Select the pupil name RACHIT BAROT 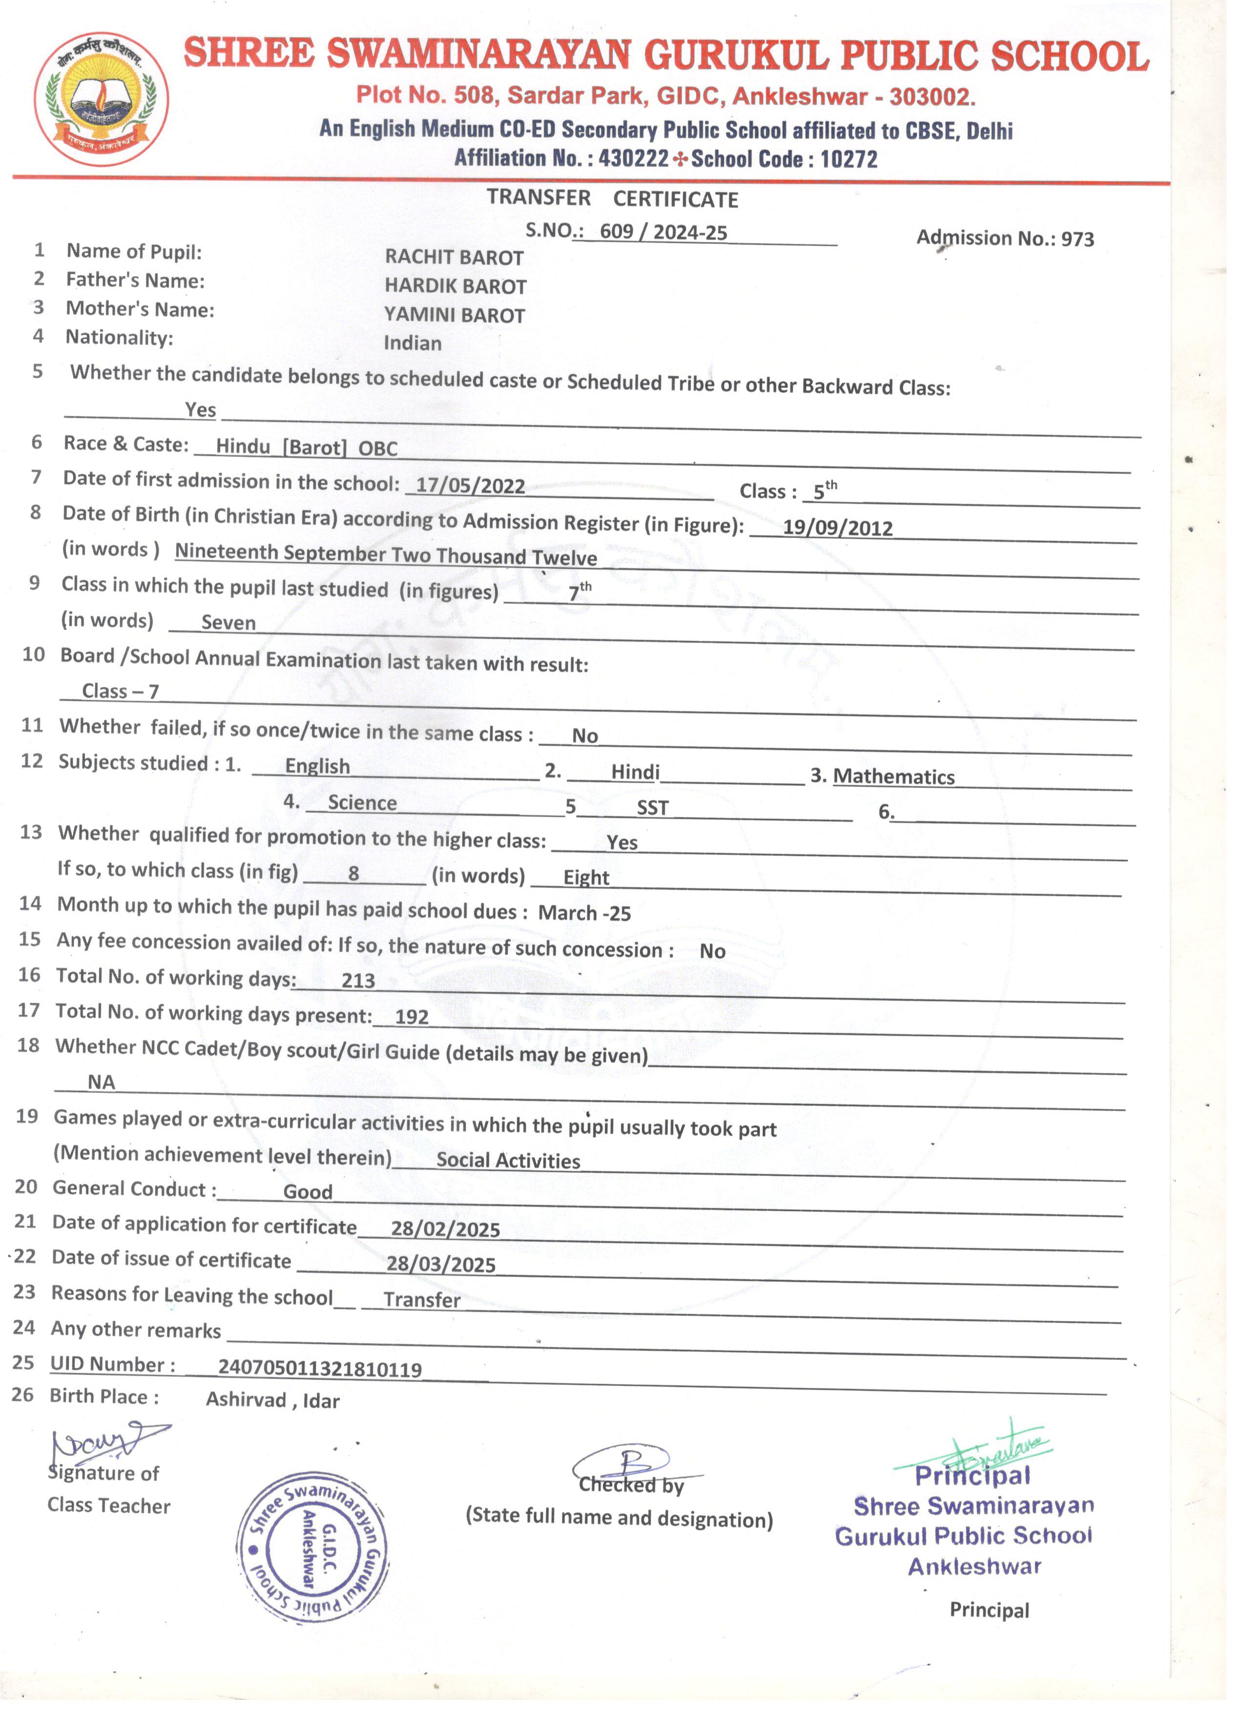click(x=454, y=257)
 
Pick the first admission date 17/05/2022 click(x=470, y=486)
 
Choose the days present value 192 click(x=412, y=1016)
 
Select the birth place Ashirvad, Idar click(x=272, y=1400)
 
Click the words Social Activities click(x=508, y=1161)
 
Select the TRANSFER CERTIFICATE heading click(x=612, y=199)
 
